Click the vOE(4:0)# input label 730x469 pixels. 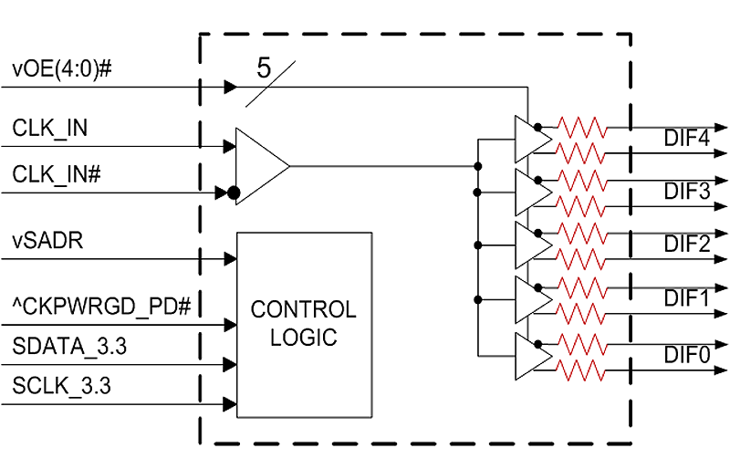tap(62, 69)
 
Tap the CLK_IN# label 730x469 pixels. tap(57, 174)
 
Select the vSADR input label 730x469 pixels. tap(47, 241)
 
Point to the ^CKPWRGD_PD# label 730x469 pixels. tap(101, 307)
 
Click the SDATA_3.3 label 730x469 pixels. tap(69, 347)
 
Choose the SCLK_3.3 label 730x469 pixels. tap(61, 386)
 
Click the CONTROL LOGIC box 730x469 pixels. tap(305, 325)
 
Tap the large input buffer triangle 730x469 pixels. tap(262, 166)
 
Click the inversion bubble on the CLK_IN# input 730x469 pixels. tap(234, 193)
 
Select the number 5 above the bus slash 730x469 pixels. tap(263, 68)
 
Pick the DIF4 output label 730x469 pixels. tap(687, 138)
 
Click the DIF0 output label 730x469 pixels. tap(687, 355)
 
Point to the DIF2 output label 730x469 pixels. tap(687, 244)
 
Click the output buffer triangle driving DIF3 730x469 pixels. tap(533, 193)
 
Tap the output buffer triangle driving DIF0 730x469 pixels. tap(533, 356)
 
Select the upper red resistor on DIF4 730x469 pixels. tap(582, 127)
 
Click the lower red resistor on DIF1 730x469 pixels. tap(582, 314)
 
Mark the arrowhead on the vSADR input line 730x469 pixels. tap(231, 259)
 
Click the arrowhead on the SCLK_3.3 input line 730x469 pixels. tap(231, 404)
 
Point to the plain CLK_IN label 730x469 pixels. tap(50, 128)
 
